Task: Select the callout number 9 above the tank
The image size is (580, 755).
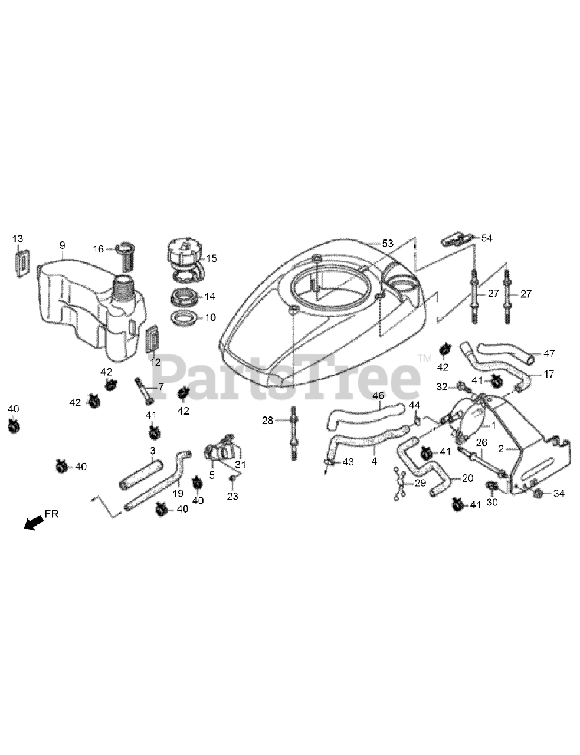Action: (x=62, y=245)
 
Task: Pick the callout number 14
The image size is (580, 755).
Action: (x=210, y=297)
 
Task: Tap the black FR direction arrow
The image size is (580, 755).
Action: (x=34, y=522)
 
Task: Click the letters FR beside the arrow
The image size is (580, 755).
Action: (x=52, y=514)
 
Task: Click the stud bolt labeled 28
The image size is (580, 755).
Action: (x=294, y=434)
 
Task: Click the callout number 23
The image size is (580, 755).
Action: (x=233, y=497)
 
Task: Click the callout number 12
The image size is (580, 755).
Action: (x=155, y=362)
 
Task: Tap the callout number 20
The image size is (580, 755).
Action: (x=468, y=478)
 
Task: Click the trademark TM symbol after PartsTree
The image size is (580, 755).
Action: (x=425, y=357)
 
